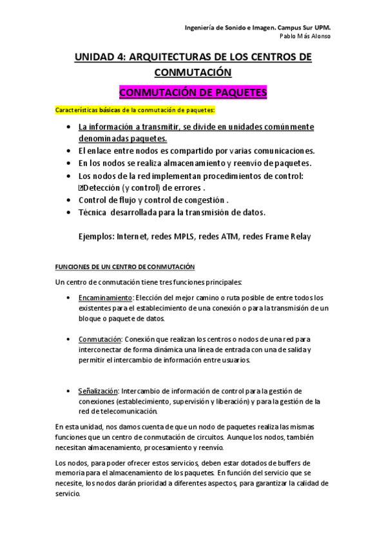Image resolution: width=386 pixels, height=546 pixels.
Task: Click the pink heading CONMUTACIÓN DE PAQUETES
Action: point(193,93)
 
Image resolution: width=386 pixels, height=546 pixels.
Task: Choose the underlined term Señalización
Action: point(98,391)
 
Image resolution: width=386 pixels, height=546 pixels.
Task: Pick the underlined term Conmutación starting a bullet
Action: point(100,339)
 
